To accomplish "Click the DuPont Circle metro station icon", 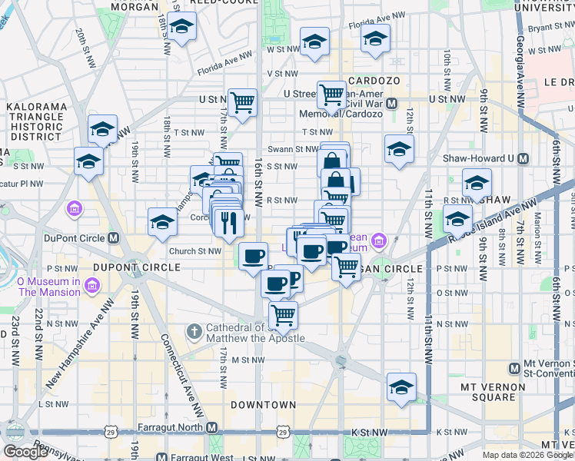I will [x=113, y=237].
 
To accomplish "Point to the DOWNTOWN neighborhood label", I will [x=263, y=404].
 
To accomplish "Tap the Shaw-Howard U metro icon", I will [x=523, y=159].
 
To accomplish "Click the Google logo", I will [x=25, y=452].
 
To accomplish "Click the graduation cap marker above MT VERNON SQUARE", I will [x=401, y=388].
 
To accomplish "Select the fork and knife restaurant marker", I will [x=228, y=222].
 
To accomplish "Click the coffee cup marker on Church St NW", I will [x=253, y=257].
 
